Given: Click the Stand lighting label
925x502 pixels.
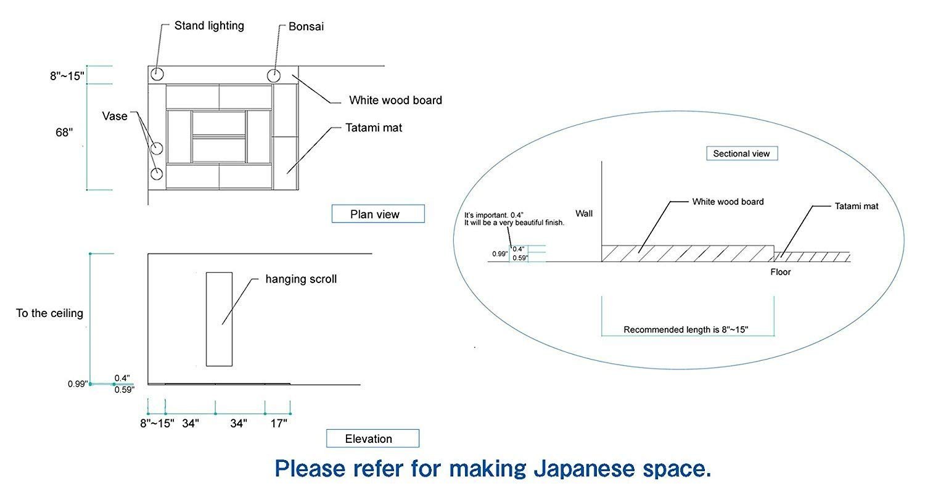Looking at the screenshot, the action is coord(209,26).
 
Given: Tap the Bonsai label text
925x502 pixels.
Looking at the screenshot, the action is coord(306,27).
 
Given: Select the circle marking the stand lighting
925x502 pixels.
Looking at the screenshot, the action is coord(157,68).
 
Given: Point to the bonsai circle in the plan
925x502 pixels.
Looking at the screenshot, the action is coord(274,69).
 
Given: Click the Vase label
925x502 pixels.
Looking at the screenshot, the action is coord(115,117).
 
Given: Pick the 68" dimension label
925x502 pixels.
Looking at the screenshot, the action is coord(64,133).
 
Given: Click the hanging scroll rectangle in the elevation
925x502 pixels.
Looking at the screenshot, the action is coord(207,319).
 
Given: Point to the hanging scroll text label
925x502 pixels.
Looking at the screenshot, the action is coord(301,279).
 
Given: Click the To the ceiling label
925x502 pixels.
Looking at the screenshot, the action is coord(49,313).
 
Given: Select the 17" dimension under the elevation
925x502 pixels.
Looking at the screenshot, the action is coord(279,424).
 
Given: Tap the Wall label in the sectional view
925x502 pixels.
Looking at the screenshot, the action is coord(584,214).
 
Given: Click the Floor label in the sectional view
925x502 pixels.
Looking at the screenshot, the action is coord(781,272).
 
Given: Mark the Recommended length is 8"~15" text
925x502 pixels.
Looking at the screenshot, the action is coord(686,330).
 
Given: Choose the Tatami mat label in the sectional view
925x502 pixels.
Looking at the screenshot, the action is coord(857,207).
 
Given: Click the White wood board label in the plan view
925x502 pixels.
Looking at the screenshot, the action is coord(396,101).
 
